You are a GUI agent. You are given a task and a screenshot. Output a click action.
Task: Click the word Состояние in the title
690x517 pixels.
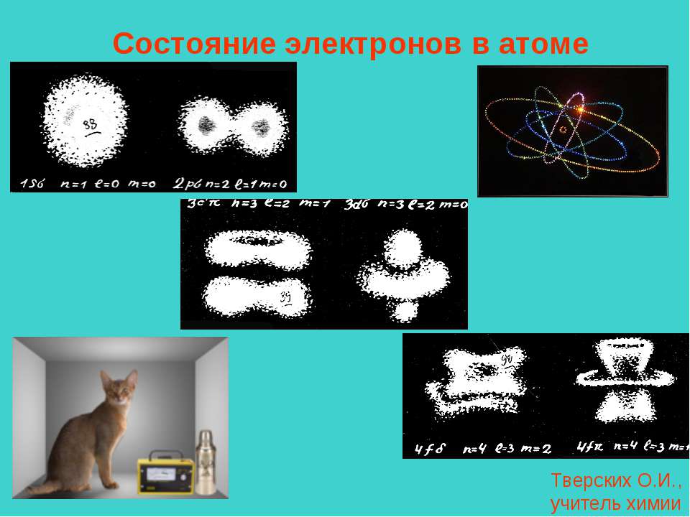tap(194, 45)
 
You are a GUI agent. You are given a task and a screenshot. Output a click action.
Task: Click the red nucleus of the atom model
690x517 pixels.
tap(563, 130)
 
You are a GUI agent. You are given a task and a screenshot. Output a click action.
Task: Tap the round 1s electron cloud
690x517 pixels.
tap(86, 122)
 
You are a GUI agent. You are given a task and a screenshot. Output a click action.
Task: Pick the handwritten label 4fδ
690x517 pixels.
tap(431, 450)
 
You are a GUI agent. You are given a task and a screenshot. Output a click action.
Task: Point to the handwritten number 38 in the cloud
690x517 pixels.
tap(91, 126)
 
